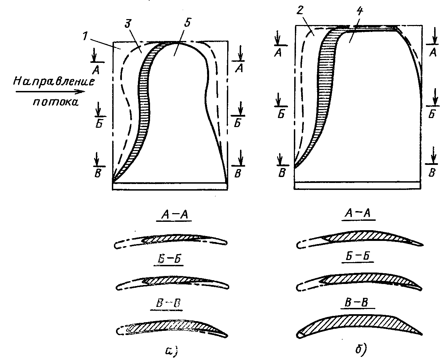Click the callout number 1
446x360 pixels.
click(x=85, y=36)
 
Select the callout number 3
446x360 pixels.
click(x=128, y=24)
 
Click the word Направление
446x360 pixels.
click(x=54, y=81)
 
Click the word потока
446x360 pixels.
click(x=56, y=102)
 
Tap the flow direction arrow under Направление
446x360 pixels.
click(x=50, y=91)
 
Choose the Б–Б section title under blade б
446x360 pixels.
click(x=357, y=256)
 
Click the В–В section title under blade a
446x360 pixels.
click(x=168, y=303)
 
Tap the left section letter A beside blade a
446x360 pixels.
click(x=96, y=70)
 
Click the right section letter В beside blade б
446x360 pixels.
click(x=432, y=173)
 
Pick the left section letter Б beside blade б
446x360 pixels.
click(x=281, y=114)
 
